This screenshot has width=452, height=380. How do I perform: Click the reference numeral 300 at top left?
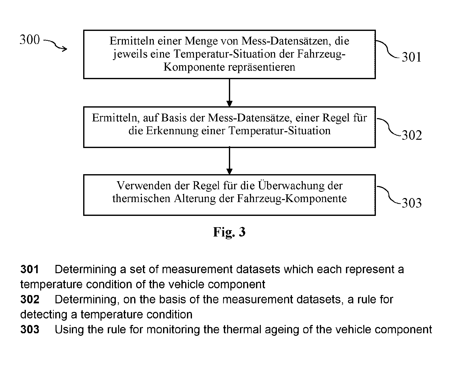click(x=30, y=40)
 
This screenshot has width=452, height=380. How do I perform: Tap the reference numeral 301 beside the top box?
click(x=412, y=57)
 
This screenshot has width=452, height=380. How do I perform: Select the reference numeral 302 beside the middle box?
click(x=412, y=135)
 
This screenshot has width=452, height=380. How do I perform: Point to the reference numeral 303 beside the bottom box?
click(x=412, y=203)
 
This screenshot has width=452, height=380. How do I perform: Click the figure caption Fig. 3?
click(x=229, y=232)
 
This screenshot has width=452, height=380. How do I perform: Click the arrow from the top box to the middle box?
click(x=229, y=93)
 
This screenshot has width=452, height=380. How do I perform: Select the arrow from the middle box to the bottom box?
click(x=229, y=161)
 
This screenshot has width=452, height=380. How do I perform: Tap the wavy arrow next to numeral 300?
click(x=55, y=45)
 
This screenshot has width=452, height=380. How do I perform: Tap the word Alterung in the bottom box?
click(x=195, y=199)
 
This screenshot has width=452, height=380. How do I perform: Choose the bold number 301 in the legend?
click(x=30, y=269)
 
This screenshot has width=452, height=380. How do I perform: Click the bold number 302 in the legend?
click(x=30, y=299)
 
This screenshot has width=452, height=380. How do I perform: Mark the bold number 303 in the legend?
click(x=30, y=329)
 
